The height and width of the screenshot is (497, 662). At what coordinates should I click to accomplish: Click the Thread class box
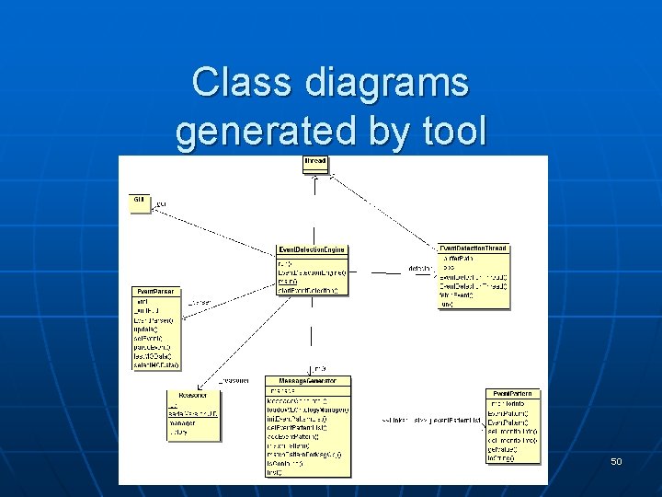[x=315, y=165]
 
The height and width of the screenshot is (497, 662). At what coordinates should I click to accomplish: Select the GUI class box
[x=140, y=202]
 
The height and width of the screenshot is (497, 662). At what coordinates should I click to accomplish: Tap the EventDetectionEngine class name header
[x=312, y=250]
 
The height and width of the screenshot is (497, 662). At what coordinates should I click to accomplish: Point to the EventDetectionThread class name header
[x=473, y=248]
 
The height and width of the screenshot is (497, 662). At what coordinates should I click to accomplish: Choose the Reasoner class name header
[x=192, y=393]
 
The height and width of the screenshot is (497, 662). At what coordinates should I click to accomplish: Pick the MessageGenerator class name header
[x=307, y=380]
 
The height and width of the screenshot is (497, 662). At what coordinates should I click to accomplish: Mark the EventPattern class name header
[x=512, y=394]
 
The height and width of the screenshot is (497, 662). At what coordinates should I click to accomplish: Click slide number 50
[x=616, y=460]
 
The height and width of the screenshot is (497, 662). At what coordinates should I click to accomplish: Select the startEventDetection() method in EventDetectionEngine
[x=308, y=291]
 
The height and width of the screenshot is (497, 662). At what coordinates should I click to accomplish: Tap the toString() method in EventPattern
[x=502, y=457]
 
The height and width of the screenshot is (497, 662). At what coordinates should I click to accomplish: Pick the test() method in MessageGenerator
[x=275, y=472]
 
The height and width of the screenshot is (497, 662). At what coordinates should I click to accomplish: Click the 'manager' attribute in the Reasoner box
[x=183, y=423]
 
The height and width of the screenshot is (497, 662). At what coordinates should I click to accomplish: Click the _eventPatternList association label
[x=451, y=420]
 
